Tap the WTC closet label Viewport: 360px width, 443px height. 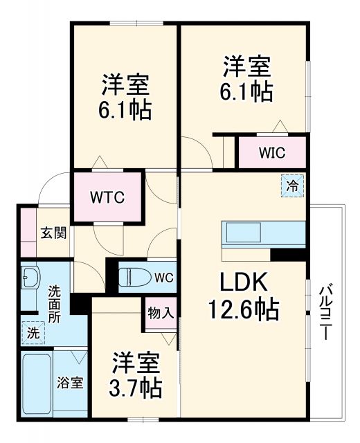tap(107, 197)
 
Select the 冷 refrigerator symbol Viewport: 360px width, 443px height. tap(292, 185)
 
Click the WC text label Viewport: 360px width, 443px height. tap(163, 278)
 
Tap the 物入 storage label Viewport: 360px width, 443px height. tap(161, 313)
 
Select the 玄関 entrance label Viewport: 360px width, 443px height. tap(53, 233)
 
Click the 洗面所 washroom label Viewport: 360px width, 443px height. tap(55, 304)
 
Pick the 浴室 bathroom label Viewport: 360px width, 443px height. tap(70, 383)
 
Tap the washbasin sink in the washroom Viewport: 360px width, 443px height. tap(30, 280)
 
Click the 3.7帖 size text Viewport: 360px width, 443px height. tap(136, 387)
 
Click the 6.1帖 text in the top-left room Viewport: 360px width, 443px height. tap(125, 110)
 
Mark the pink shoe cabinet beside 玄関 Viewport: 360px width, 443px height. tap(27, 231)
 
